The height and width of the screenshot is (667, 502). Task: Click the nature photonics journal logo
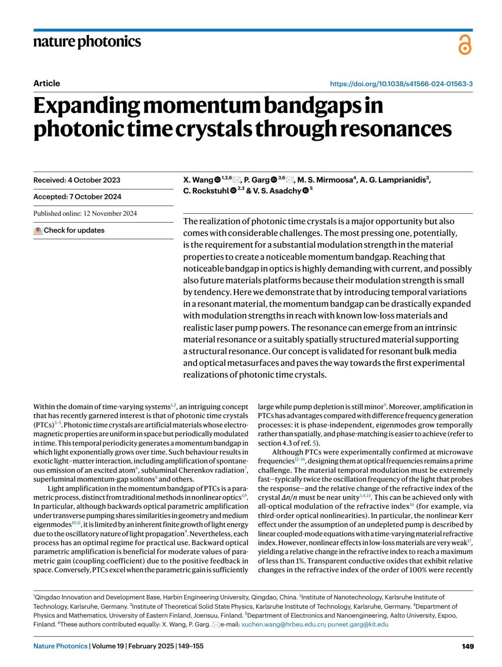(x=87, y=42)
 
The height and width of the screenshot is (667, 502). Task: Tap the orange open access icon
(x=465, y=45)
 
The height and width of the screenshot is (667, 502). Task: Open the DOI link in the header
(x=401, y=84)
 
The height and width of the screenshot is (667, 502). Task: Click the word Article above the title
(x=46, y=83)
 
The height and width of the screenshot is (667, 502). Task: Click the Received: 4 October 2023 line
(x=77, y=180)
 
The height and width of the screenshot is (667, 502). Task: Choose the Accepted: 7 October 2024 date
(x=77, y=197)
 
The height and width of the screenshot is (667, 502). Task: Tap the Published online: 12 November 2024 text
(x=85, y=214)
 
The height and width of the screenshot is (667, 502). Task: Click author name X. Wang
(x=198, y=180)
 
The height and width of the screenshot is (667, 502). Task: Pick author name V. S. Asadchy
(x=277, y=191)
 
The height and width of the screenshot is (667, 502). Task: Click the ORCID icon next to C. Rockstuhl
(x=233, y=191)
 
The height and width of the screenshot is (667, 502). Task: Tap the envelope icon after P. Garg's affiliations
(x=289, y=180)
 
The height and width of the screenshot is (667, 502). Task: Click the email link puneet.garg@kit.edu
(x=358, y=624)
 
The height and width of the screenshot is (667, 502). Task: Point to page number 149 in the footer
(x=468, y=646)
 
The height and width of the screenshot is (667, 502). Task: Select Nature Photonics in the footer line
(x=60, y=646)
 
